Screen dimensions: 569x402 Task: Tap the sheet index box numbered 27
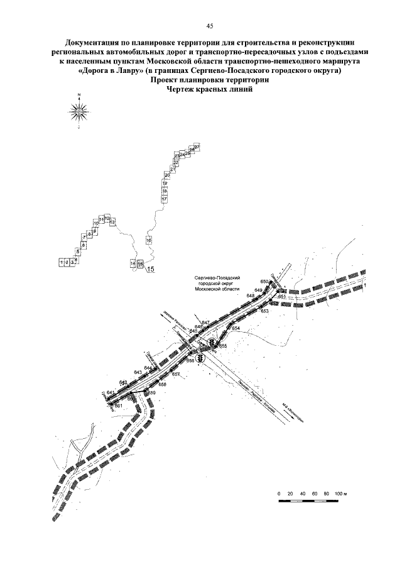pos(197,146)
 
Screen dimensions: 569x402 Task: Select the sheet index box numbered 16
pos(149,240)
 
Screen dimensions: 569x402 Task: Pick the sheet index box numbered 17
pos(164,199)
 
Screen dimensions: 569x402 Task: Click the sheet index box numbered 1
pos(62,262)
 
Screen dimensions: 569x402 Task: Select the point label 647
pos(205,323)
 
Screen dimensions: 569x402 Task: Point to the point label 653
pos(264,311)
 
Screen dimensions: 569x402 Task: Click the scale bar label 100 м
pos(340,494)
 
